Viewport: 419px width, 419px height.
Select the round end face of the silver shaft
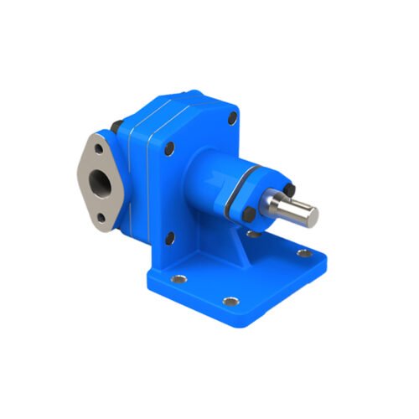[310, 216]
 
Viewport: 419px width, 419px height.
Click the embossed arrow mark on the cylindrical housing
[220, 177]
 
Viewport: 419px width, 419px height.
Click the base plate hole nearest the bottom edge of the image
[232, 301]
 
